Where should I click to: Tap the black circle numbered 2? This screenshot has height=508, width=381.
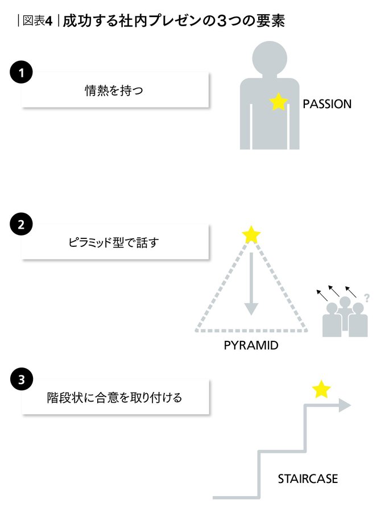pos(22,224)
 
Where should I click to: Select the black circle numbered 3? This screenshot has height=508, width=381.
pos(22,379)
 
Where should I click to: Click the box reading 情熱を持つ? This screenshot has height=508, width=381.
pos(115,90)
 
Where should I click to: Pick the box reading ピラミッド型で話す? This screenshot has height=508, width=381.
pos(115,242)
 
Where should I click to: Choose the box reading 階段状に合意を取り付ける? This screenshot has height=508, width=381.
pos(115,397)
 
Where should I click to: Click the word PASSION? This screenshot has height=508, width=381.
pos(327,104)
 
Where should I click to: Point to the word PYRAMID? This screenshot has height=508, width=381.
pos(251,345)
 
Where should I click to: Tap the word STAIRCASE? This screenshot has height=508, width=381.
pos(308,478)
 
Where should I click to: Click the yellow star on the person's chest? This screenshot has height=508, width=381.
pos(279,102)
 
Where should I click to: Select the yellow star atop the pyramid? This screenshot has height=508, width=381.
pos(251,234)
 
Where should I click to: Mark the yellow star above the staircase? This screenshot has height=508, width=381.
pos(321,389)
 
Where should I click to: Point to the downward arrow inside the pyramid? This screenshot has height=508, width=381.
pos(251,284)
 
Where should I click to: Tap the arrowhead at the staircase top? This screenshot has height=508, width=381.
pos(345,405)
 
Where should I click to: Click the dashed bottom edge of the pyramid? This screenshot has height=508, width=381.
pos(251,331)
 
